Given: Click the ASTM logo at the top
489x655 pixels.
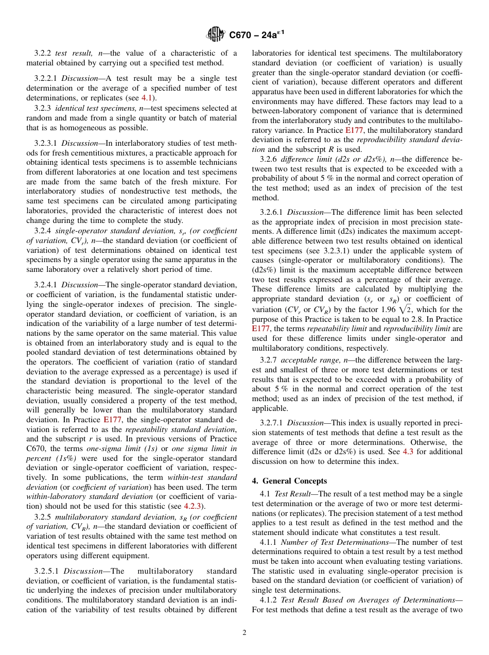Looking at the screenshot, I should (215, 35).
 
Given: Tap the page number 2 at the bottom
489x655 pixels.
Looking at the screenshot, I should (244, 633).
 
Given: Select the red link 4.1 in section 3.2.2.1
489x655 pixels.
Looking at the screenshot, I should (147, 98).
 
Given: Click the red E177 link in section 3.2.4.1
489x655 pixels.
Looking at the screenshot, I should (112, 419).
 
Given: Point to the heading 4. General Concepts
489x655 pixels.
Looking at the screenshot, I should (289, 481).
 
